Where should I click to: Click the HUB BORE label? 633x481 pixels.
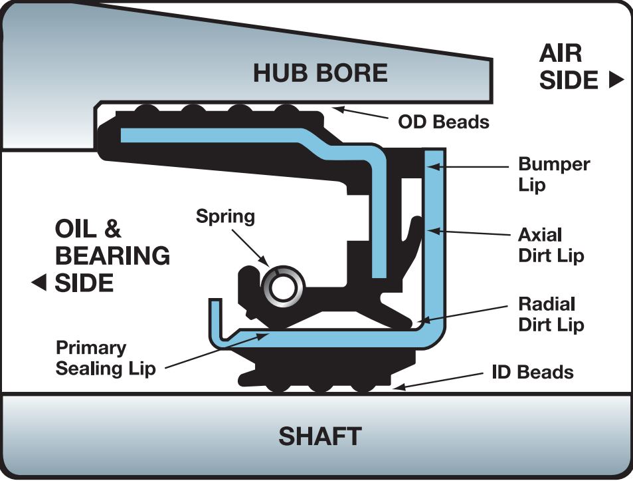(320, 73)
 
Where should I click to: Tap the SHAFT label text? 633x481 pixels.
(319, 436)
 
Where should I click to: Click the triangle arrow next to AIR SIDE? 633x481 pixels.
(616, 80)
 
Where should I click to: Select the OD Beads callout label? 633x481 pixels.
(443, 122)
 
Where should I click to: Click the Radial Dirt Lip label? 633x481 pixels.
(551, 314)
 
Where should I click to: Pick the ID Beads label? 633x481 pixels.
(532, 372)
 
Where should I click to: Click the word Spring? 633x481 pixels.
(225, 216)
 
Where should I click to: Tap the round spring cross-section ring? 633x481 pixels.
(282, 287)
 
